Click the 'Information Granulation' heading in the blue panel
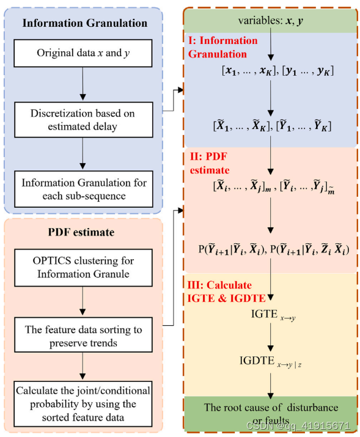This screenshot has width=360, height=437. click(85, 24)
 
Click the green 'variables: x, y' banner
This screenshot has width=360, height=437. click(269, 21)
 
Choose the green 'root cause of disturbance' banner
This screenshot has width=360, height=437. click(269, 411)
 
